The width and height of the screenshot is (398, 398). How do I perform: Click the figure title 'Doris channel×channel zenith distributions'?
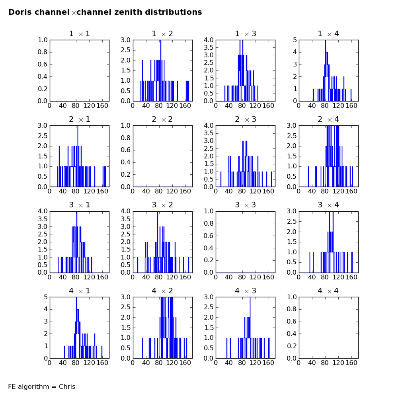coord(105,12)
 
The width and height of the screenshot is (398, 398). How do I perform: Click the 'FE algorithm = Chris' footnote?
coord(42,386)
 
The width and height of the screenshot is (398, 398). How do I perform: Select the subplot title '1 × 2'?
coord(162,34)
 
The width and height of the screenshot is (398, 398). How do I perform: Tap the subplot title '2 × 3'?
coord(245,119)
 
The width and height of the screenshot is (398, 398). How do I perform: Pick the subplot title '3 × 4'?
coord(328,205)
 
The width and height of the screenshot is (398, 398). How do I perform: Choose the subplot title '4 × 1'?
coord(79,291)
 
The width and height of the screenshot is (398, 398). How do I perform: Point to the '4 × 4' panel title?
coord(328,291)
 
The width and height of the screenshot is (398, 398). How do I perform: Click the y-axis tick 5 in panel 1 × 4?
coord(294,40)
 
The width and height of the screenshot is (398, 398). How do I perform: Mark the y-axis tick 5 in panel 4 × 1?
coord(45,297)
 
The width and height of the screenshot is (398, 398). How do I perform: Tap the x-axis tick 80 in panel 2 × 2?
coord(159,191)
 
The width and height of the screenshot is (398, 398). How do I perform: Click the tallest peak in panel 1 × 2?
coord(161,41)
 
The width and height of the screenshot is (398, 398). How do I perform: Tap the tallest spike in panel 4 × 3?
coord(250,298)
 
